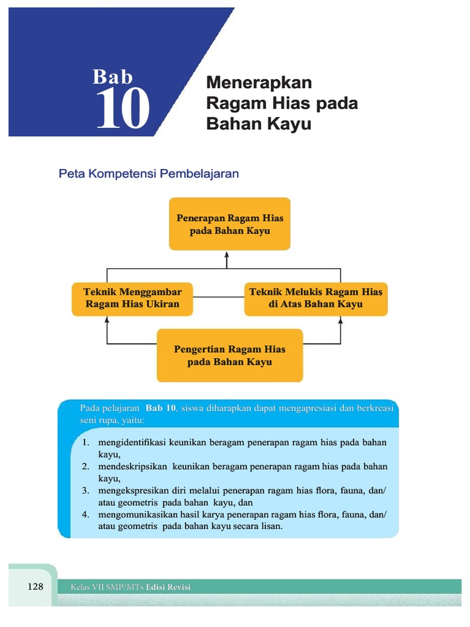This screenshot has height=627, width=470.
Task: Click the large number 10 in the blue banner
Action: [123, 109]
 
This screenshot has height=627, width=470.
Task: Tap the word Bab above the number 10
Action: [113, 77]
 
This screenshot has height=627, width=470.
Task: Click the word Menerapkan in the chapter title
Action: [259, 83]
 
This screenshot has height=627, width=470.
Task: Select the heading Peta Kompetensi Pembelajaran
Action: [149, 174]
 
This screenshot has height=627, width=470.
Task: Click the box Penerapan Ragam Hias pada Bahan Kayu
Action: [229, 224]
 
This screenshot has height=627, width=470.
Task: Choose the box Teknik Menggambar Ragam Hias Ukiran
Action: [133, 298]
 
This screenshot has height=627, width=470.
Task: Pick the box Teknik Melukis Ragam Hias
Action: [316, 298]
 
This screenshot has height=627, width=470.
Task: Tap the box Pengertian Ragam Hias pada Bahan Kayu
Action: [229, 356]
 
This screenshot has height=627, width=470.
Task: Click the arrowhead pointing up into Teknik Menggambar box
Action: [107, 320]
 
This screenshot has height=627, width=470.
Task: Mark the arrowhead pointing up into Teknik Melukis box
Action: [340, 320]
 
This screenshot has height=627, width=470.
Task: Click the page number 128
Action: [36, 587]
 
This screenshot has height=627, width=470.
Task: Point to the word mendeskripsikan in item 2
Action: [133, 467]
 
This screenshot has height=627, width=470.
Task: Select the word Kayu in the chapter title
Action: [292, 124]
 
